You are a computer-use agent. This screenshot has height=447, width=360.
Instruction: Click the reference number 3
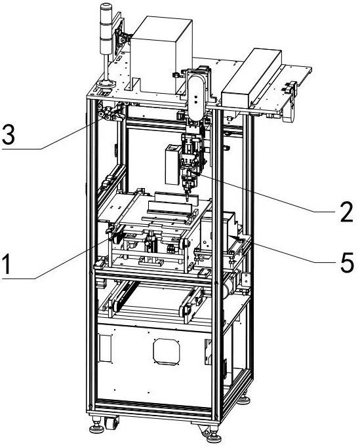coord(9,134)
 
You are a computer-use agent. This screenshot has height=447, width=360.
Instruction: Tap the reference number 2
coord(346,212)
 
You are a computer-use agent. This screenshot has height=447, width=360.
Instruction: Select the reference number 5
coord(347,262)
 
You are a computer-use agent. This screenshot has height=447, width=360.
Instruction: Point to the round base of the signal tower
coord(106,84)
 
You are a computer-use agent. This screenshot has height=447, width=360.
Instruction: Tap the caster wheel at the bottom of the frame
coord(112,423)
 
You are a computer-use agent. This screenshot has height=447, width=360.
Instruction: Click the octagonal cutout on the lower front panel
coord(167,351)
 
